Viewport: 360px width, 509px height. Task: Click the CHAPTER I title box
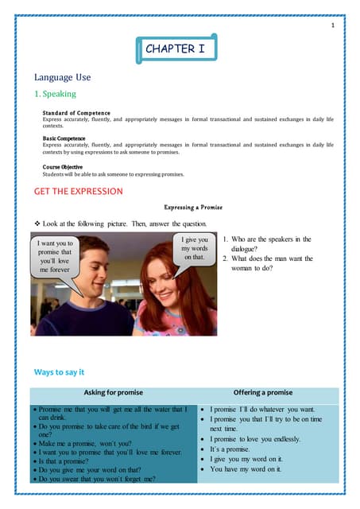tap(175, 49)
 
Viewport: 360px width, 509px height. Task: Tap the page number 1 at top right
tap(332, 26)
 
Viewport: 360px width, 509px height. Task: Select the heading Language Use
tap(62, 77)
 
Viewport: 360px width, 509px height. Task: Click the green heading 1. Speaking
tap(55, 95)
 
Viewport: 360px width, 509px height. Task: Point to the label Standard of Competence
tap(76, 113)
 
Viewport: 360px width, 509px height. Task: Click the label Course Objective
tap(63, 166)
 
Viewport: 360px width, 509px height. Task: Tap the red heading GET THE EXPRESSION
tap(78, 191)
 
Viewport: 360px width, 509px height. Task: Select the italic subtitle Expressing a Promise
tap(192, 207)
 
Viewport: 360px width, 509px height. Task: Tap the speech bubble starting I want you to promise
tap(55, 256)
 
